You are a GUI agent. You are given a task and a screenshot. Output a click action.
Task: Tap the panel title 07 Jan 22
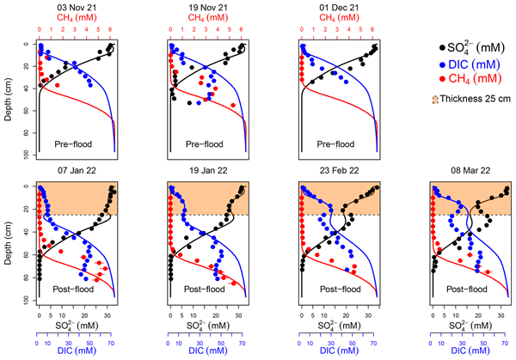click(77, 173)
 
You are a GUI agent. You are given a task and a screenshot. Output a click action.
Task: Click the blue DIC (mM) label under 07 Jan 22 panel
click(77, 351)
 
